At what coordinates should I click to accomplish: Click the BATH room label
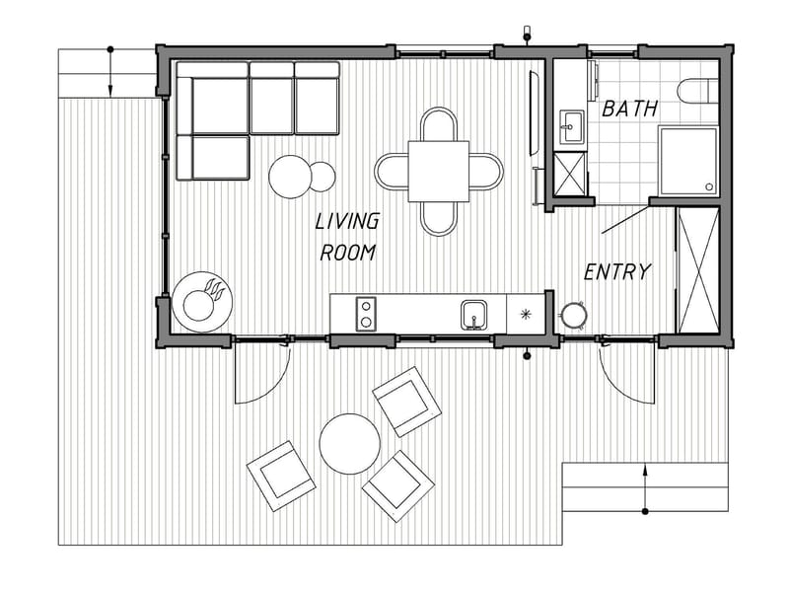click(629, 109)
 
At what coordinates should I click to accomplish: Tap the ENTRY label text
click(617, 271)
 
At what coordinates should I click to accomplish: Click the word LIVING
click(347, 221)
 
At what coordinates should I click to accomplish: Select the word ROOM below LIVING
click(347, 253)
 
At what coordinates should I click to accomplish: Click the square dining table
click(439, 171)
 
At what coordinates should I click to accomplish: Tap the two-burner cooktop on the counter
click(366, 314)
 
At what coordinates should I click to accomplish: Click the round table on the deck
click(350, 444)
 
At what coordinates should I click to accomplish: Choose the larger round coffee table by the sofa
click(292, 177)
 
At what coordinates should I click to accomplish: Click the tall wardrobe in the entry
click(698, 269)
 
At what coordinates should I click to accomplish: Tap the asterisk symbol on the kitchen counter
click(526, 315)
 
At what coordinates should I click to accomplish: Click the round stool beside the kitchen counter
click(573, 315)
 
